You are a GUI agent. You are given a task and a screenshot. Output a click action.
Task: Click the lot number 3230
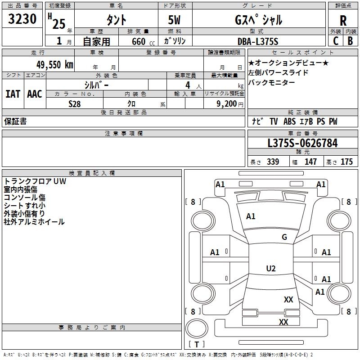(22, 19)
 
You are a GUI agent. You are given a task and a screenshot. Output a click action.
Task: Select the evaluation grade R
(343, 21)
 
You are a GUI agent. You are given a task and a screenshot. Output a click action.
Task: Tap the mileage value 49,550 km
(55, 65)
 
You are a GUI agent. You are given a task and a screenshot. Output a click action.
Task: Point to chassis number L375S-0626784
(302, 143)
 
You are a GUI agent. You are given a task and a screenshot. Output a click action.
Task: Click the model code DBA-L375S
(258, 41)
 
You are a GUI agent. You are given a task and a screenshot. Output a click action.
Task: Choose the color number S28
(75, 104)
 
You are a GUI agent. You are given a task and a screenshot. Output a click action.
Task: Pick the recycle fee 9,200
(226, 104)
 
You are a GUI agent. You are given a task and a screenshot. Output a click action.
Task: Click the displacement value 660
(139, 41)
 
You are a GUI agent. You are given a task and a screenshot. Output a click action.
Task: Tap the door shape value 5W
(174, 20)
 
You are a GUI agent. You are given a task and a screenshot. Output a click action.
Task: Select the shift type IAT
(13, 94)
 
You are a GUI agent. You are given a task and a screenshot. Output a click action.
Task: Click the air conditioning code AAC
(35, 94)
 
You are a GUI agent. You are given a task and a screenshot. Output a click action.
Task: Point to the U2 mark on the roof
(271, 268)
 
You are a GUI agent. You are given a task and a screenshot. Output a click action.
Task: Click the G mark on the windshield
(284, 237)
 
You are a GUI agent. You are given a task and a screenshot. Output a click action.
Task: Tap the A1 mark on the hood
(251, 216)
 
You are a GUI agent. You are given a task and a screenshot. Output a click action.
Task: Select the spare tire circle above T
(197, 328)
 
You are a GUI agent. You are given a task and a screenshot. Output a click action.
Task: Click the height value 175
(346, 162)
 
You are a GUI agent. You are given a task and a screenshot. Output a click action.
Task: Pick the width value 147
(310, 162)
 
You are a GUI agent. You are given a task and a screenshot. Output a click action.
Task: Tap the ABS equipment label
(289, 121)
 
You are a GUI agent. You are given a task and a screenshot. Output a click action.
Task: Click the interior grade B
(351, 41)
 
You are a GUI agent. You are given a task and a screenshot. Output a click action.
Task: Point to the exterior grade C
(336, 41)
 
